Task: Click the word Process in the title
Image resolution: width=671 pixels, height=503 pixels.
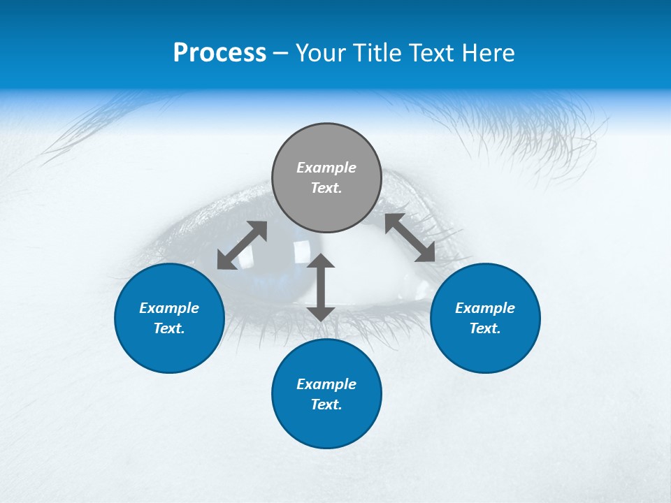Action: coord(219,53)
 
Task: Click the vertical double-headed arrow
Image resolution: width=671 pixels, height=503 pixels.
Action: coord(321,287)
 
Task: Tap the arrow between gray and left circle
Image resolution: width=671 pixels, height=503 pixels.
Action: coord(242,245)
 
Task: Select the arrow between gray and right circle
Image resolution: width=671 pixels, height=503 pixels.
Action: coord(410,238)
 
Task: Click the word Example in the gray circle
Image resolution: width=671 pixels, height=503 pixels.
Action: coord(326,168)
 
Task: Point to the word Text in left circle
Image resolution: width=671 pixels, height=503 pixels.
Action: coord(169,328)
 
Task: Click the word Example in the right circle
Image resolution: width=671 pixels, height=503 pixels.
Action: coord(485,308)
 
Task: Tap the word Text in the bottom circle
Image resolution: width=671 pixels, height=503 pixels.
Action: coord(326,404)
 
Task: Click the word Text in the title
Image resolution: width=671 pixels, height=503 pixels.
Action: coord(433,53)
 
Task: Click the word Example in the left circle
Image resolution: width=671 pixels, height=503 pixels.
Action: coord(169,308)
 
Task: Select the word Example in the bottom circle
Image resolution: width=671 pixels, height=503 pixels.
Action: coord(326,384)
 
